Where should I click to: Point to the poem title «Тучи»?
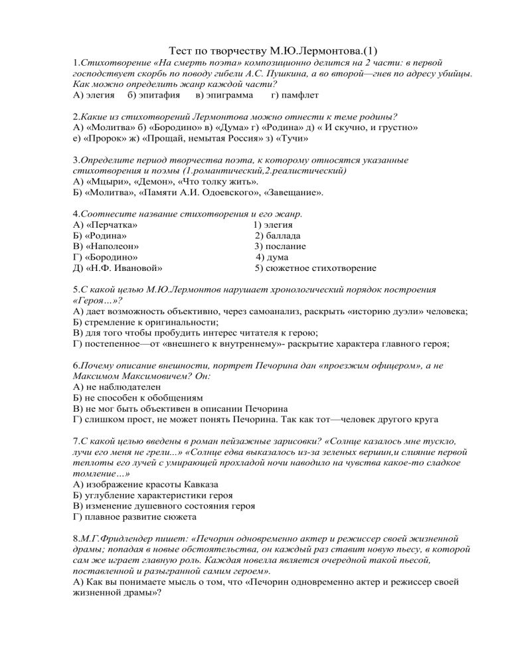click(293, 140)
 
